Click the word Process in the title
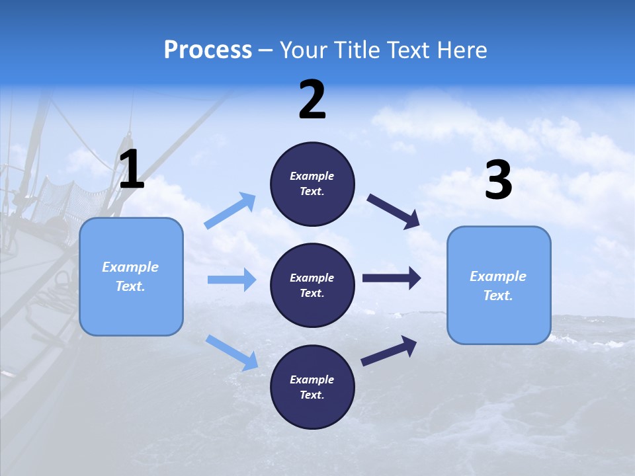click(208, 50)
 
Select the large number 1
click(132, 170)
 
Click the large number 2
click(312, 100)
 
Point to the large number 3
click(498, 180)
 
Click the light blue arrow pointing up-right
click(230, 211)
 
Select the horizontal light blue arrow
click(232, 280)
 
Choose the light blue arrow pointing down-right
click(232, 352)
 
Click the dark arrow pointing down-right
click(393, 211)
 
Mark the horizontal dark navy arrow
click(391, 278)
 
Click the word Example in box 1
click(130, 267)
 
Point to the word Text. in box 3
click(498, 296)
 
